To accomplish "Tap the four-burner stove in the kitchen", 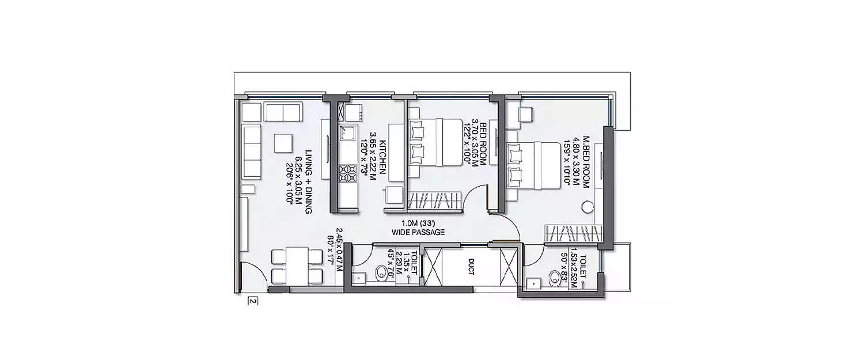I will tap(348, 173).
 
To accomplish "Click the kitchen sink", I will tap(348, 134).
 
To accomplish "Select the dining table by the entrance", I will tap(297, 266).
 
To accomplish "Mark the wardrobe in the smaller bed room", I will tap(435, 203).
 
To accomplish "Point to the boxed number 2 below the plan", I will tap(252, 301).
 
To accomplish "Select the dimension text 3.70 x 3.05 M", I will tap(475, 144).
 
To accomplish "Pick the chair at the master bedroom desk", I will tap(525, 115).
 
